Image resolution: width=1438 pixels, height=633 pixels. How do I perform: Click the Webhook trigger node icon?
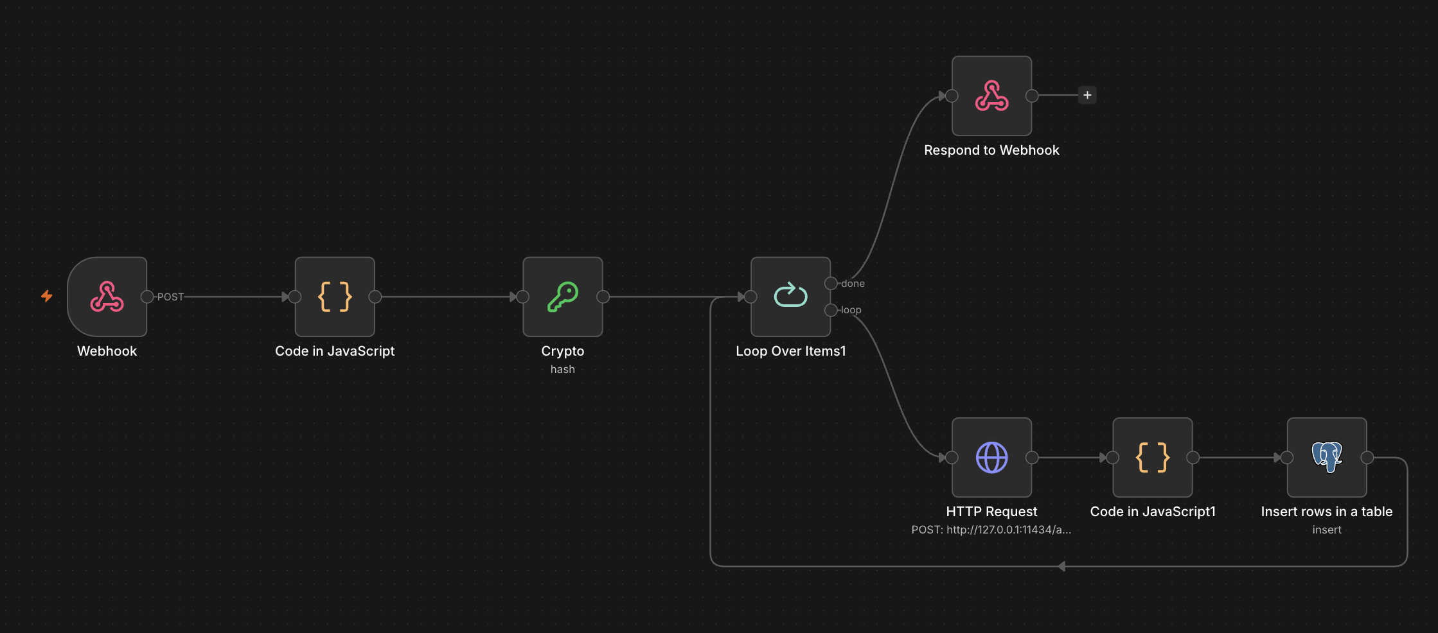tap(107, 297)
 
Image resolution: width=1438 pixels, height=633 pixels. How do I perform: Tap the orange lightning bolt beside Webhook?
tap(47, 296)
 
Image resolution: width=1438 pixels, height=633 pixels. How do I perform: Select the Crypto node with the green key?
tap(563, 297)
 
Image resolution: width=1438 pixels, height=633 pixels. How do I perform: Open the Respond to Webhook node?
tap(992, 96)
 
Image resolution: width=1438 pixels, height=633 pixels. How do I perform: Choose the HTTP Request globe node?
tap(992, 458)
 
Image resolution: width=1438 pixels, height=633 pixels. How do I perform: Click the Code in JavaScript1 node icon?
tap(1153, 458)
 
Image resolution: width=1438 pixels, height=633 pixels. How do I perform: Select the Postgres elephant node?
tap(1327, 458)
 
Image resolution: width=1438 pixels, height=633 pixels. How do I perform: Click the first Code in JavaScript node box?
tap(335, 297)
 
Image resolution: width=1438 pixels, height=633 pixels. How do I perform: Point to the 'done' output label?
tap(853, 284)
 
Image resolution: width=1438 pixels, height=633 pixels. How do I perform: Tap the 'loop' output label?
tap(851, 310)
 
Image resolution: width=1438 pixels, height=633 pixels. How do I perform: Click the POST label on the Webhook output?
tap(170, 297)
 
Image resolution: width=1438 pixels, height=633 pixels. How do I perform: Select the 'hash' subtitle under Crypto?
tap(563, 369)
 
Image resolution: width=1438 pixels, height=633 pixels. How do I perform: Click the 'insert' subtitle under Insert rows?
tap(1327, 530)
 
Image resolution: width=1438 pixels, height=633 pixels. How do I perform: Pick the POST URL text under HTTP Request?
tap(991, 530)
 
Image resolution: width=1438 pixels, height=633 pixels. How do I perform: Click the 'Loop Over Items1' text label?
tap(791, 351)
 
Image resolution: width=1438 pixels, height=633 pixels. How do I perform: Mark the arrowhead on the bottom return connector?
tap(1061, 566)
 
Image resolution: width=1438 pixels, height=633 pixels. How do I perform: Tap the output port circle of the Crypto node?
tap(603, 297)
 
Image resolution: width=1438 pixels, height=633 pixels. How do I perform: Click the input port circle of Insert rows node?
tap(1287, 458)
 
